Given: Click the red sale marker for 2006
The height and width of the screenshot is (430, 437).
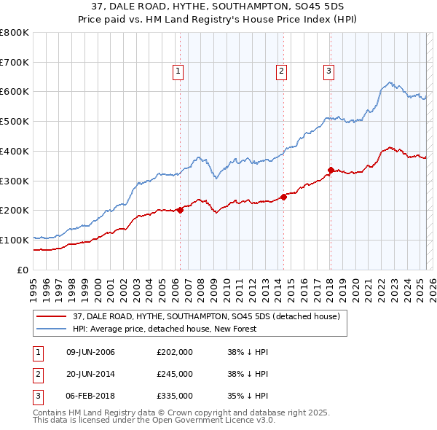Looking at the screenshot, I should [180, 210].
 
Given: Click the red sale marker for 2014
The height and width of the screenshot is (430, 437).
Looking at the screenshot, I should [283, 197].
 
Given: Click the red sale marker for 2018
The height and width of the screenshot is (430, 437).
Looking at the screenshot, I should [330, 170].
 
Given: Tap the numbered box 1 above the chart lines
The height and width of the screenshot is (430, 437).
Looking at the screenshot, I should [178, 71].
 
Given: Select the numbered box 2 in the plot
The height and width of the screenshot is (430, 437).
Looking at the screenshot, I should [281, 71].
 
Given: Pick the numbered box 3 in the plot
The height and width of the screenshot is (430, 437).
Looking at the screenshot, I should [329, 71].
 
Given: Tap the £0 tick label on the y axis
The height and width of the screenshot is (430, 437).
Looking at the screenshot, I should [23, 270].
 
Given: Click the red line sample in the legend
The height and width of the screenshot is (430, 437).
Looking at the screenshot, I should [52, 316].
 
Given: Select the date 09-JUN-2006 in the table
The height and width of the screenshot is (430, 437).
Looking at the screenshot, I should [90, 352].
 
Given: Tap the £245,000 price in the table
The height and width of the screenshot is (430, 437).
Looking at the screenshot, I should [175, 374].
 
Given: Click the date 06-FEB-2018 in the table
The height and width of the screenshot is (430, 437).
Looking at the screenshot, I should [90, 396].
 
